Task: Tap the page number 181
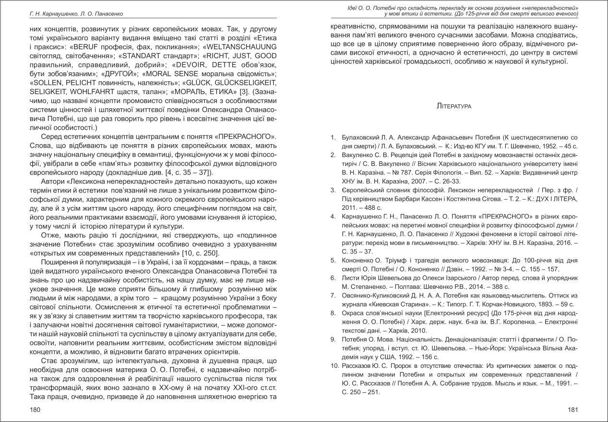(573, 410)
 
